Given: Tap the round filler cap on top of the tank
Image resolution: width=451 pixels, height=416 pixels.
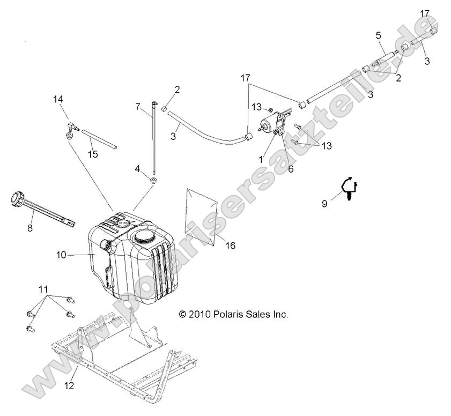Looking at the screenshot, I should click(x=144, y=236).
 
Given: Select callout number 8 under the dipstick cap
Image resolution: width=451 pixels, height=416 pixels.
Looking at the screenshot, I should click(x=30, y=228).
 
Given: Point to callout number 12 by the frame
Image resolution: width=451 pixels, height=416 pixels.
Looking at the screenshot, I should click(x=69, y=385).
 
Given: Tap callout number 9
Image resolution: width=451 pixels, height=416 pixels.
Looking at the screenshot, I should click(x=324, y=203).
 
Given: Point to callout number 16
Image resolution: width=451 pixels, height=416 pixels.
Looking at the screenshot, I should click(x=230, y=246).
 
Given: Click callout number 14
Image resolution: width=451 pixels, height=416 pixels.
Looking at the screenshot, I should click(x=58, y=99).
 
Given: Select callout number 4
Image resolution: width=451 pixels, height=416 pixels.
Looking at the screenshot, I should click(x=138, y=169).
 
